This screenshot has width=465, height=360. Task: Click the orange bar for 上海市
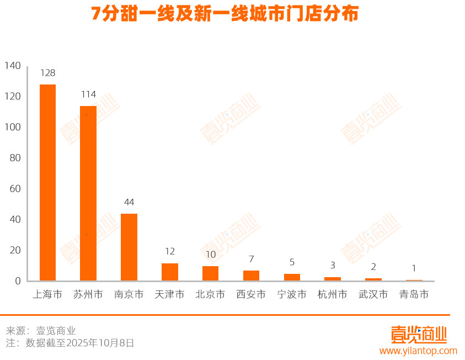point(47,182)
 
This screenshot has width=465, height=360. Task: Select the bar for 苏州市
point(88,193)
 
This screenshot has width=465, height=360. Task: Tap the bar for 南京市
point(129,247)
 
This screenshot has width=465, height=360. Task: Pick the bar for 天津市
point(170,272)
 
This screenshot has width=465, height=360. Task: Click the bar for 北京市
point(210,273)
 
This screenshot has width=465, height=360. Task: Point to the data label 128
point(47,73)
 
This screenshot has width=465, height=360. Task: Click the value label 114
point(88,94)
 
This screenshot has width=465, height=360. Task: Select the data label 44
point(129,202)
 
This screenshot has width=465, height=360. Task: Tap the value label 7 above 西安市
point(251,259)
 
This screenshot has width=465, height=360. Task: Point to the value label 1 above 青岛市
point(414,268)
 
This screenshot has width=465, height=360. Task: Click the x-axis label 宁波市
point(292,295)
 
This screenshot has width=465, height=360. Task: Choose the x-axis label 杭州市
point(333,295)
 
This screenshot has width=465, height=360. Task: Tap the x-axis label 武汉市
point(373,295)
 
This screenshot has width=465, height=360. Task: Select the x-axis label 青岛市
point(414,295)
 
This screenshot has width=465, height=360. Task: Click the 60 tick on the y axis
point(15,189)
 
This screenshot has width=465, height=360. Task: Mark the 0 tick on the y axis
point(18,281)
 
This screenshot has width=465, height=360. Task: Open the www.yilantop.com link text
point(418,351)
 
